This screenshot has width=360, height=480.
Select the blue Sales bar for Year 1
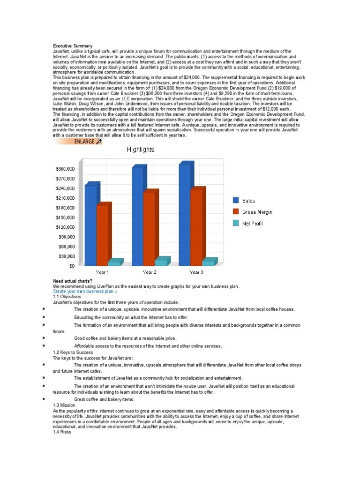91,225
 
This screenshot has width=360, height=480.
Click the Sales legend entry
248,201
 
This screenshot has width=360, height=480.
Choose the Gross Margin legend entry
257,212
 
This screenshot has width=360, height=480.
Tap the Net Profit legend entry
252,224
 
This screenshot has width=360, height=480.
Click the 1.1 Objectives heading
67,297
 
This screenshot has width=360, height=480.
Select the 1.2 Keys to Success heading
73,352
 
